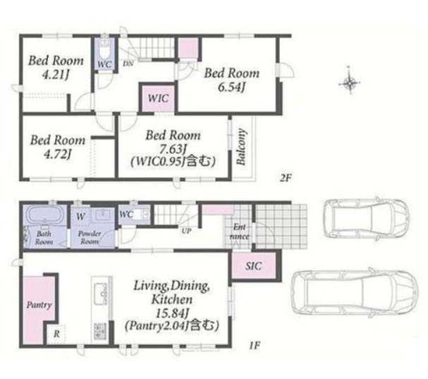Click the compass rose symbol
350,81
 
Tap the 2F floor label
286,178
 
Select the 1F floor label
254,347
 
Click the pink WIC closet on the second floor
159,98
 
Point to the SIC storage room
254,265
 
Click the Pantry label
39,305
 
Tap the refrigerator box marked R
56,334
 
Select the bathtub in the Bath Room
44,215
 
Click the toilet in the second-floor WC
104,48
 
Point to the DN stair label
128,64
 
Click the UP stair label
186,231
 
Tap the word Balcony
241,147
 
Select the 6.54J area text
231,88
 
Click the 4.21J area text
56,75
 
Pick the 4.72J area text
57,155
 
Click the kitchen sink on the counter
101,294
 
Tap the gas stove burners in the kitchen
100,331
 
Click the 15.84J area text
172,313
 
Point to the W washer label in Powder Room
81,217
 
